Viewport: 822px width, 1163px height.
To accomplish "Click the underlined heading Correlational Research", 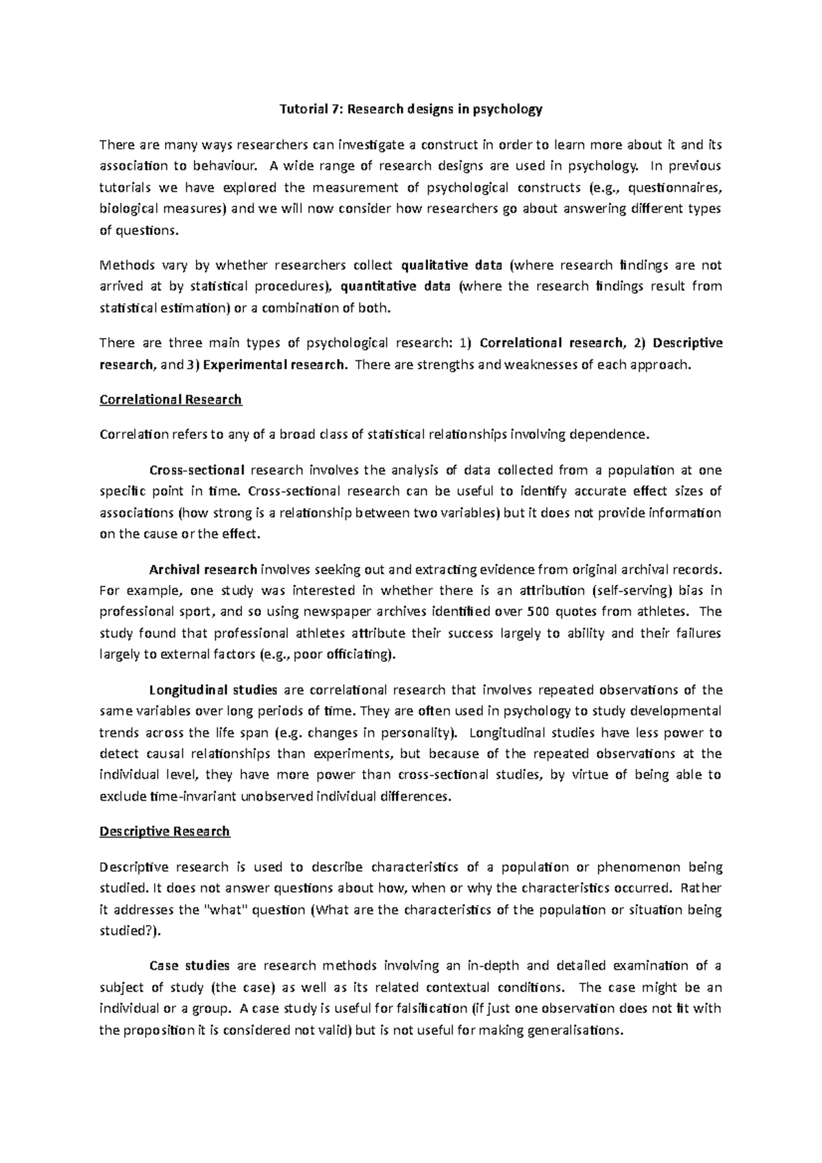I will coord(171,399).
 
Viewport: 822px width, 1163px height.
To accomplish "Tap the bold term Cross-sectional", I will coord(197,470).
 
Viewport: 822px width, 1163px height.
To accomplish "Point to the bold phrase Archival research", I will coord(203,568).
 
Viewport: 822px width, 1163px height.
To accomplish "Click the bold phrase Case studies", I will coord(189,966).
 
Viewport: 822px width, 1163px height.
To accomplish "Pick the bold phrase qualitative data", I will coord(442,266).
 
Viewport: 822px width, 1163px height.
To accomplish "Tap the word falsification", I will coord(430,1008).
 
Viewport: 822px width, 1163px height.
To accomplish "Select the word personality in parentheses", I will coord(416,733).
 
